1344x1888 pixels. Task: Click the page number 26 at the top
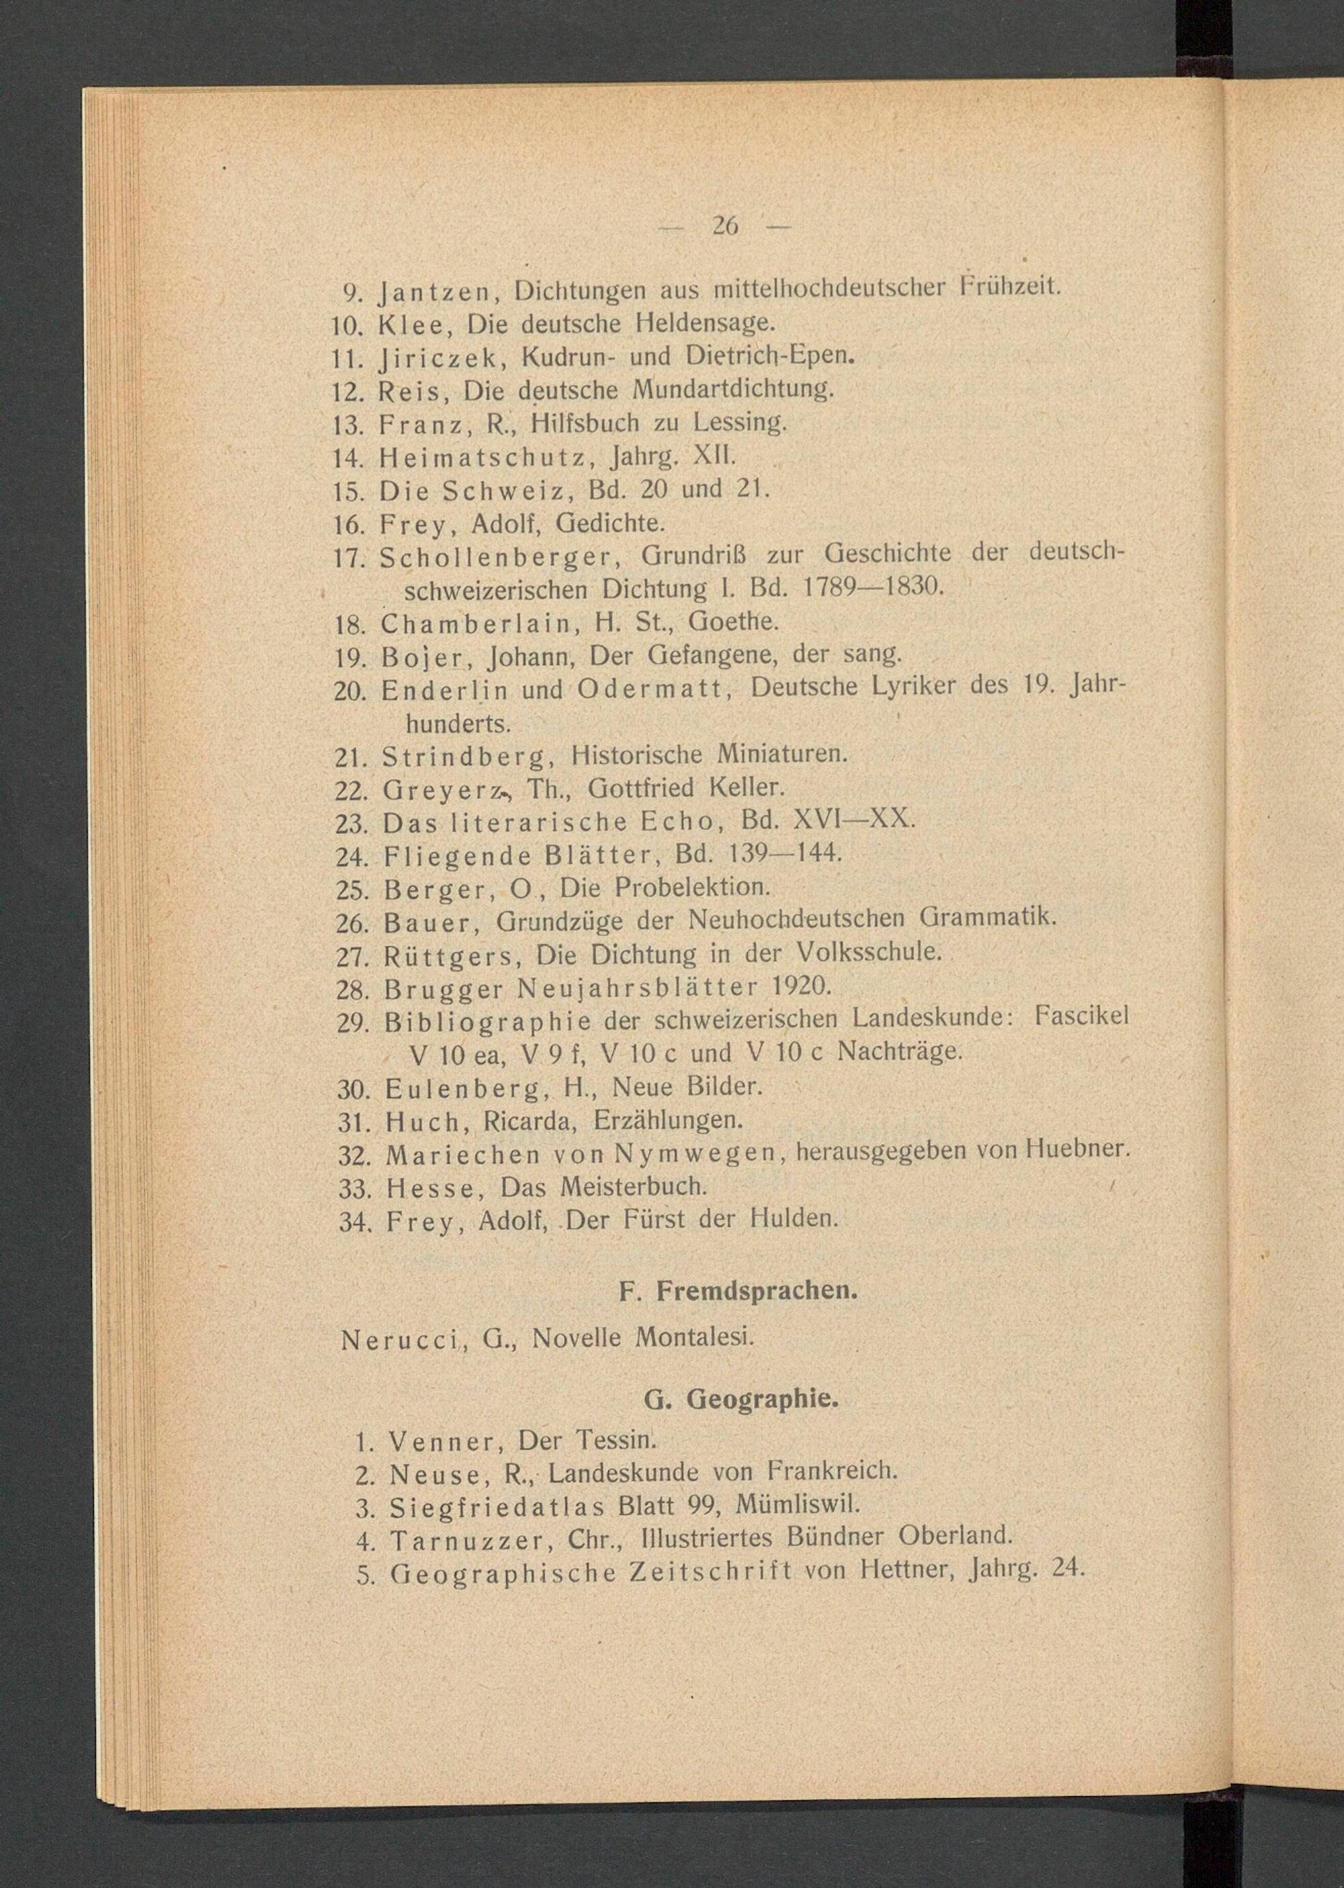pyautogui.click(x=725, y=226)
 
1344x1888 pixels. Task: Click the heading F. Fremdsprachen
pyautogui.click(x=739, y=1291)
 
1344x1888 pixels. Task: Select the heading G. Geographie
pyautogui.click(x=741, y=1399)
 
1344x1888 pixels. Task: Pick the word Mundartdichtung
pyautogui.click(x=733, y=388)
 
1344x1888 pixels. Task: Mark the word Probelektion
pyautogui.click(x=692, y=887)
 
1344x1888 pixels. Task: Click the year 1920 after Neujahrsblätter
pyautogui.click(x=800, y=986)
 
